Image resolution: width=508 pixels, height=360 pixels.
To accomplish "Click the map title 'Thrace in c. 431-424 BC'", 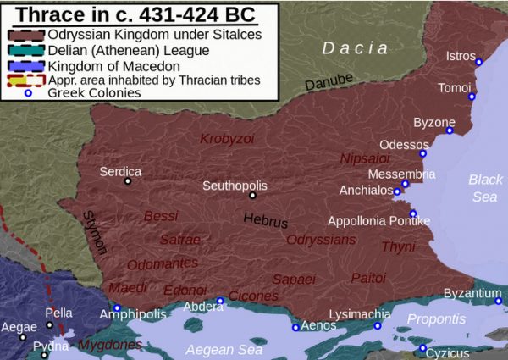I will tap(136, 14).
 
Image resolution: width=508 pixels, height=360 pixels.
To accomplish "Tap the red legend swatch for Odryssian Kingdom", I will tap(28, 36).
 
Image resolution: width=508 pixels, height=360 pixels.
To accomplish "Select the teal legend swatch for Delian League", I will tap(28, 51).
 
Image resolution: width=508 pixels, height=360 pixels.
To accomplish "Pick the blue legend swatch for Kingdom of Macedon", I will tap(28, 66).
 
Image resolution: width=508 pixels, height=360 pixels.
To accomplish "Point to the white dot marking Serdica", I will tap(128, 180).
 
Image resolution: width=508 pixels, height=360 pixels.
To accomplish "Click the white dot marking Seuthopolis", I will tap(252, 195).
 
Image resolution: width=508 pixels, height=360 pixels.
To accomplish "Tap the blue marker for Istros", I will tap(478, 62).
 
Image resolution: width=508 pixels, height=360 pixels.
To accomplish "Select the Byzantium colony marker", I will tap(499, 300).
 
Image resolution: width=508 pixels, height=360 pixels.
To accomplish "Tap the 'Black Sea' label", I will tap(485, 188).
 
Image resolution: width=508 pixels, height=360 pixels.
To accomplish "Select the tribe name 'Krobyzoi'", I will tap(227, 138).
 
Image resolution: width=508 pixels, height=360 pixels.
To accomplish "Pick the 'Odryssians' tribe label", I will tap(320, 240).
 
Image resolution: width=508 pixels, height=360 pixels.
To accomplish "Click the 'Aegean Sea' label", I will tap(224, 349).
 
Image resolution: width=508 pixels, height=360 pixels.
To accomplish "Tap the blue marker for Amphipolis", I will tap(117, 307).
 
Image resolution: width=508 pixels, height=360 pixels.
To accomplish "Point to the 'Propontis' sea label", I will tap(436, 319).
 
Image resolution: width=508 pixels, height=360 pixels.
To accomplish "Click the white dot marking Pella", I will tap(50, 324).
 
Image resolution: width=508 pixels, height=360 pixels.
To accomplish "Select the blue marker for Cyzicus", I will tap(422, 347).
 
